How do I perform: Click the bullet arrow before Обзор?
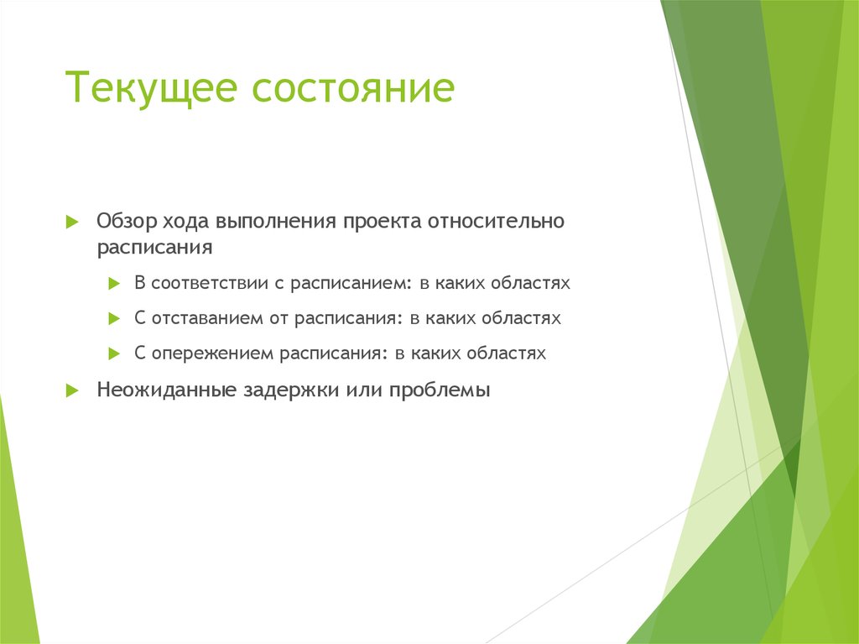point(72,223)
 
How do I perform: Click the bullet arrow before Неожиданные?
point(72,391)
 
